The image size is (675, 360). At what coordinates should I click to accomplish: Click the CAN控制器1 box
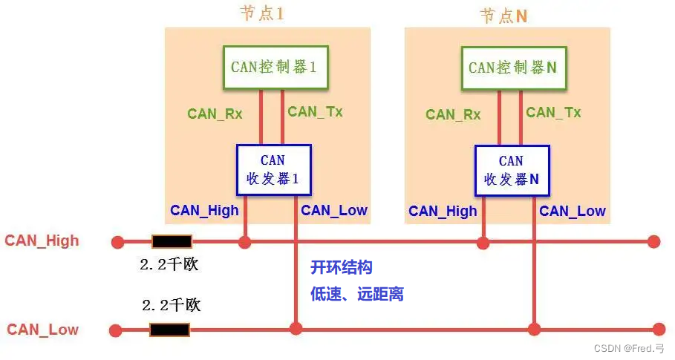(274, 67)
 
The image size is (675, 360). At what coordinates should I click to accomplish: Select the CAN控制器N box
(512, 67)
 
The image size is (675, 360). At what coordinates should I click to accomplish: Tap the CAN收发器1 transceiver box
(273, 170)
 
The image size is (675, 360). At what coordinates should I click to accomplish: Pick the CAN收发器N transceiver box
(512, 170)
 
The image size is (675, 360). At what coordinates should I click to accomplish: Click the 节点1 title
(262, 14)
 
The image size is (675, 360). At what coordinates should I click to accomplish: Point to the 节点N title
(503, 16)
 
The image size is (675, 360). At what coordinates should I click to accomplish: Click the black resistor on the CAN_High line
(172, 241)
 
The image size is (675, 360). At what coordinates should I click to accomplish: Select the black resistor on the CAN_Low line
(170, 330)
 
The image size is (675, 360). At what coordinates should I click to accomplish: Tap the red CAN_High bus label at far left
(42, 240)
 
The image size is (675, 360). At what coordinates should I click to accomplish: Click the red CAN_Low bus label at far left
(42, 330)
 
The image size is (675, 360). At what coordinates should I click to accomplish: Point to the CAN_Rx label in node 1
(215, 114)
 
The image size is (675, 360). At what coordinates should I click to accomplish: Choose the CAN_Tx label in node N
(553, 112)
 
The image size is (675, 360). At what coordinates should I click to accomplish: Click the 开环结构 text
(341, 268)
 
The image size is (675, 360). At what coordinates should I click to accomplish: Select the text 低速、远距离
(357, 294)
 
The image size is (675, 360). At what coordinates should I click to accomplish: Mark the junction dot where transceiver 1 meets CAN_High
(245, 241)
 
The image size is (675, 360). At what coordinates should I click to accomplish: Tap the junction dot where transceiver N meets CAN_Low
(535, 328)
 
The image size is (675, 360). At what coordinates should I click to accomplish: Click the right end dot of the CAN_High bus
(654, 241)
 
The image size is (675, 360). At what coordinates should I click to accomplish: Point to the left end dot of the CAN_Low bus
(115, 330)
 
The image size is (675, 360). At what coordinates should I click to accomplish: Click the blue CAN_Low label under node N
(573, 211)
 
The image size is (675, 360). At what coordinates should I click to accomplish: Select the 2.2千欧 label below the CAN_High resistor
(169, 264)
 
